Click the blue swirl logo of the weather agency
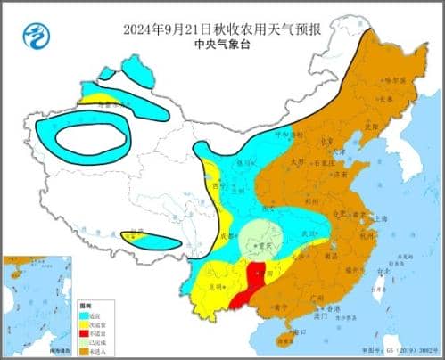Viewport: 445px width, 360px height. [x=36, y=37]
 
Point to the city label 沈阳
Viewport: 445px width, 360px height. [x=375, y=125]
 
